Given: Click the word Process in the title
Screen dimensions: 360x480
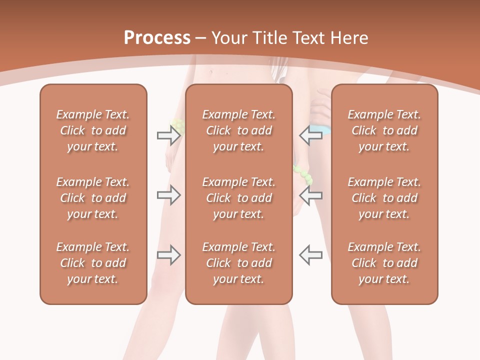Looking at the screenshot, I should coord(157,38).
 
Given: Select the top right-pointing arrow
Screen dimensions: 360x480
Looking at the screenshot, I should coord(168,135).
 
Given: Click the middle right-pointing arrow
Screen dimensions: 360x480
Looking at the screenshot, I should coord(168,195).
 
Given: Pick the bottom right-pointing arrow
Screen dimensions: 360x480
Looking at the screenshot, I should coord(168,255).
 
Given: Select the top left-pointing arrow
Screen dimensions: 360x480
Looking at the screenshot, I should coord(311,135).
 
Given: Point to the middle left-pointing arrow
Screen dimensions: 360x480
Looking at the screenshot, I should coord(311,195).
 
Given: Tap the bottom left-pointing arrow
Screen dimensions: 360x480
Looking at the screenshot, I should coord(311,255).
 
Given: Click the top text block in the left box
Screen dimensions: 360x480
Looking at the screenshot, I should coord(93,130).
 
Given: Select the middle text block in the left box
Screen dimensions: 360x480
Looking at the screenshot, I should coord(93,198).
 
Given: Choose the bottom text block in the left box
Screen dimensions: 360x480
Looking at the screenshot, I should coord(93,263).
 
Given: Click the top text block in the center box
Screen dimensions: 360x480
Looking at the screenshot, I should coord(239,130).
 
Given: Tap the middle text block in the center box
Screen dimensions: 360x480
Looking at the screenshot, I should coord(239,198).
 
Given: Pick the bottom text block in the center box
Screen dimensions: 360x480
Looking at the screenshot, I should coord(239,263).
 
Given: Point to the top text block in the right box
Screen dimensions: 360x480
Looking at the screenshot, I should coord(384,130).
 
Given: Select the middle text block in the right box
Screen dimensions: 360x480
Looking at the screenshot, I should coord(384,198).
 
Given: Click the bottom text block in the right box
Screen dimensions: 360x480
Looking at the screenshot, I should coord(384,263).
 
